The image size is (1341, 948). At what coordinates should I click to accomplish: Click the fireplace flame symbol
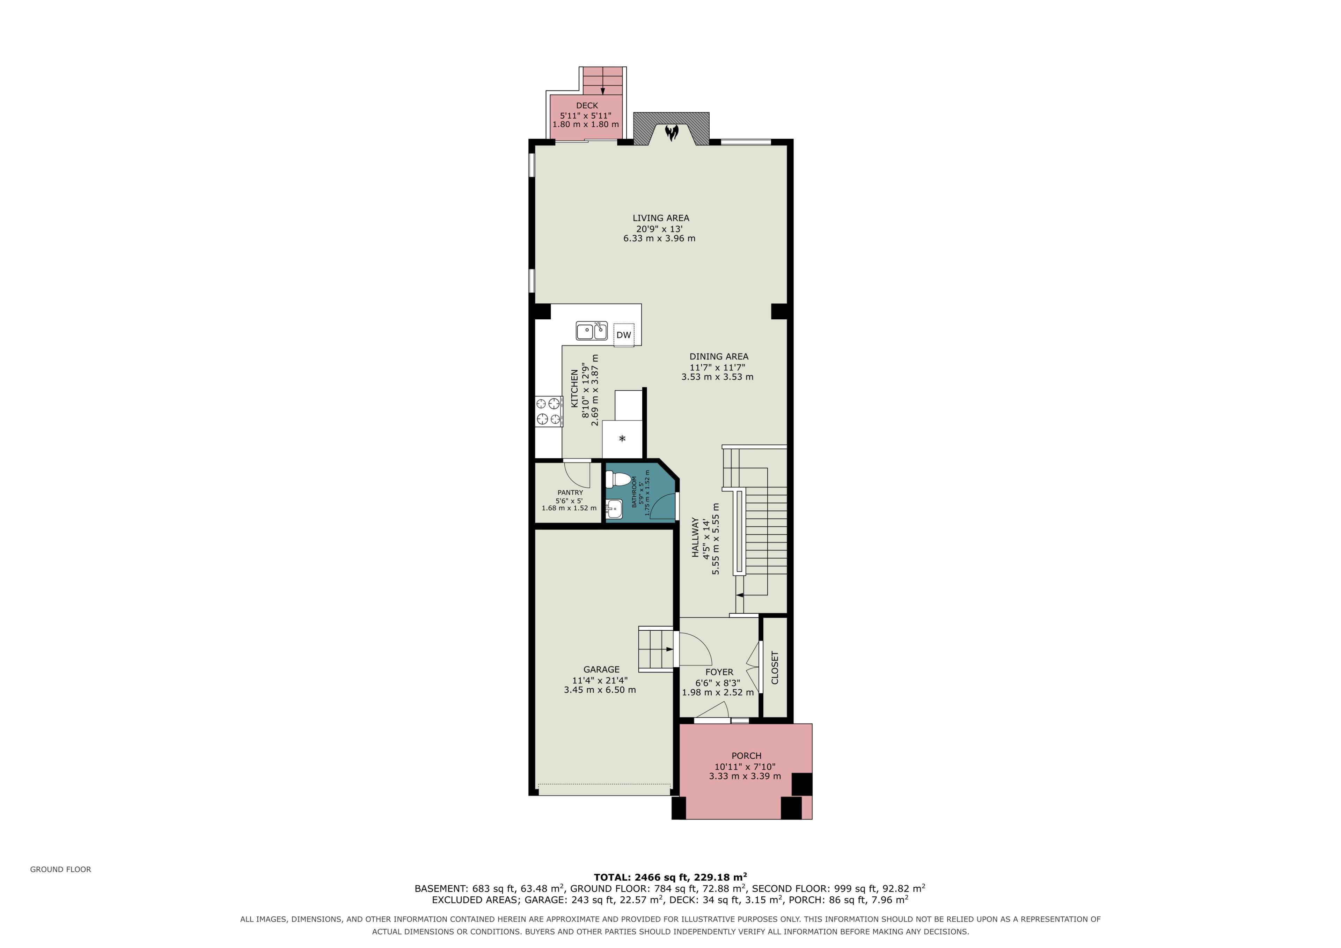[x=672, y=133]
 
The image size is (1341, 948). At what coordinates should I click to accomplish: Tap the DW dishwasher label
[x=624, y=335]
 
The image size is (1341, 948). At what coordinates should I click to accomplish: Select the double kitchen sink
[x=592, y=331]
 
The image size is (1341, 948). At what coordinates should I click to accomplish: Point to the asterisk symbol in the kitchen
[x=622, y=438]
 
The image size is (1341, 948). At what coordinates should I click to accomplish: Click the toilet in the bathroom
[x=618, y=480]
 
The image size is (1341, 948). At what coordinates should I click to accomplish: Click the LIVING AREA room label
[x=661, y=218]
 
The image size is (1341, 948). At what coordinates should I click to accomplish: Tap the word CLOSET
[x=775, y=667]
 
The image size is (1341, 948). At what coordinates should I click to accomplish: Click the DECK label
[x=587, y=106]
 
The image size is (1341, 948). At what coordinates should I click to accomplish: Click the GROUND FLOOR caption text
[x=61, y=869]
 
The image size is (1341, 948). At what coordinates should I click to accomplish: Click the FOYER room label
[x=719, y=672]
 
